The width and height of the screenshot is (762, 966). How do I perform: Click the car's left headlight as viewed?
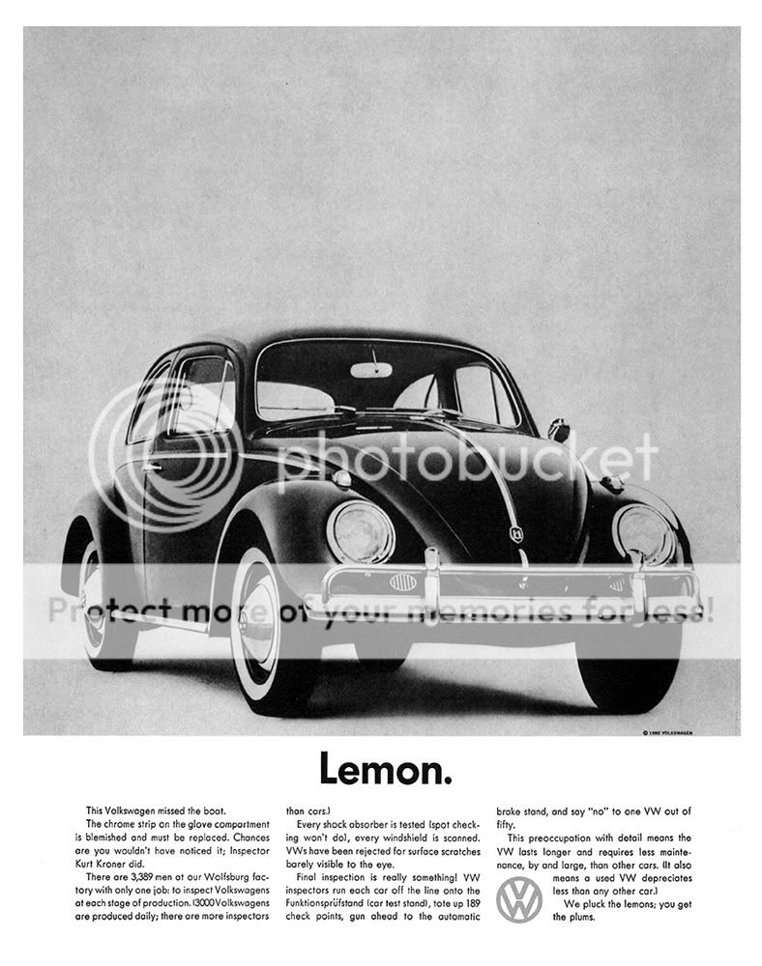coord(360,531)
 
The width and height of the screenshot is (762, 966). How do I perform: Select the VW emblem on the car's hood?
coord(515,532)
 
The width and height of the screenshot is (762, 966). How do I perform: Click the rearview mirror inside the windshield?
coord(371,369)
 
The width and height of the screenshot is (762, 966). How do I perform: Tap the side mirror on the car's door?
coord(559,428)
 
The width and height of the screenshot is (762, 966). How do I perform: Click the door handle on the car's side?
coord(152,467)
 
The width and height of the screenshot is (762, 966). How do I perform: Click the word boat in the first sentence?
coord(208,810)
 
